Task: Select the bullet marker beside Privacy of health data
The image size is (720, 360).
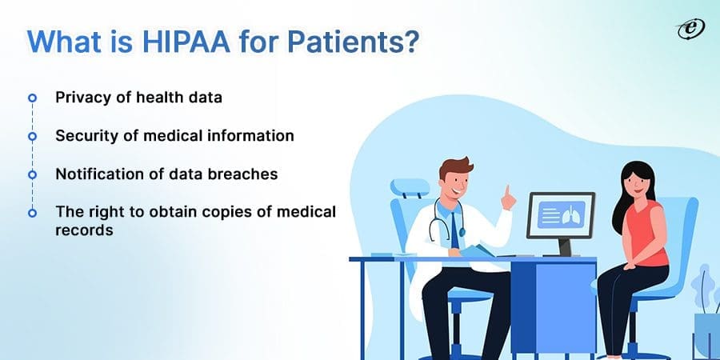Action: point(33,98)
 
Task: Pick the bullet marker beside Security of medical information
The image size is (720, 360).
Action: point(33,136)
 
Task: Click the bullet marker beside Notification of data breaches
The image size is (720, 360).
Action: point(33,174)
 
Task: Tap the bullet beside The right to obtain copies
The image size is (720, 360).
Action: point(33,213)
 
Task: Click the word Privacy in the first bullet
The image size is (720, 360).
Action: point(78,98)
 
